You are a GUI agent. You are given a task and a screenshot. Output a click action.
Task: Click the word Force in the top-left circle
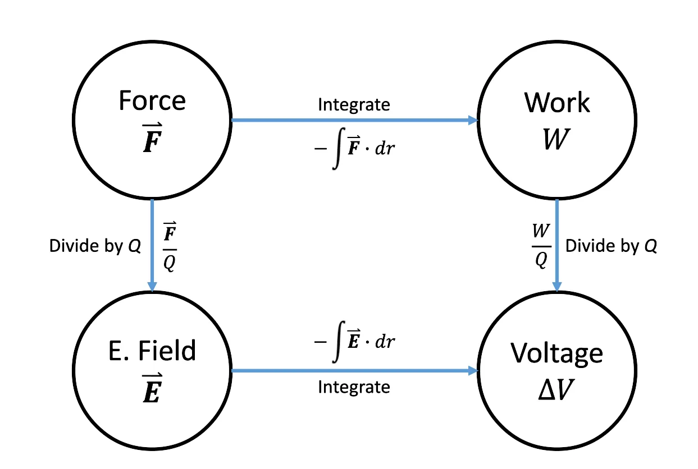152,101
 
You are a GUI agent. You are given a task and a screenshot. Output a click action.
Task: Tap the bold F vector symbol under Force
152,140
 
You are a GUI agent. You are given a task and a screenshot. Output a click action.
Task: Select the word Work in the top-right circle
557,102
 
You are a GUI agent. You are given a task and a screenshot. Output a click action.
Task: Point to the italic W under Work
557,140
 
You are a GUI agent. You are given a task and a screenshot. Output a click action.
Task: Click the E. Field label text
152,351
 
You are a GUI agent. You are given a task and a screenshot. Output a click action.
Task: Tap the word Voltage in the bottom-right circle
557,352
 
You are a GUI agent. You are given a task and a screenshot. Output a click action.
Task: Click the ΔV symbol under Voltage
557,390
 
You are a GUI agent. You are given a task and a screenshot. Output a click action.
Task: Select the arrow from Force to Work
354,120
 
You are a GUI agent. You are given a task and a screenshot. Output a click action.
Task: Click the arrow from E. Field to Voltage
354,370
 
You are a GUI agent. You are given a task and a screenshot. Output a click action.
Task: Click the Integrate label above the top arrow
354,104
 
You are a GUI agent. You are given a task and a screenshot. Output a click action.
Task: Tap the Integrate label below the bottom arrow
354,387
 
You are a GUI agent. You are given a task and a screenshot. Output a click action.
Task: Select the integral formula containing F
354,148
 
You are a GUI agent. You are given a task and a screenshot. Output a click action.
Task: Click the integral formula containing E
354,342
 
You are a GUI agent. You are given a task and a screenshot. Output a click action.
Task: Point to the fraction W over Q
540,245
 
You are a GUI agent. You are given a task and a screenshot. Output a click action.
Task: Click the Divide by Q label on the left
95,246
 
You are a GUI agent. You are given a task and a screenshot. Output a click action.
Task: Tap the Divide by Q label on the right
611,246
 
